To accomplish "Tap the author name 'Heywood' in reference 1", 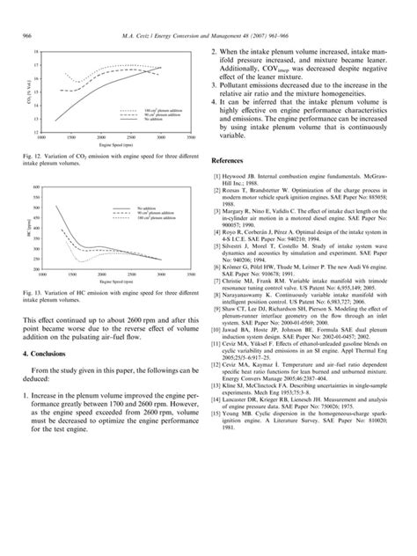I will pos(240,179).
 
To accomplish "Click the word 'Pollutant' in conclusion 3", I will pos(239,89).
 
